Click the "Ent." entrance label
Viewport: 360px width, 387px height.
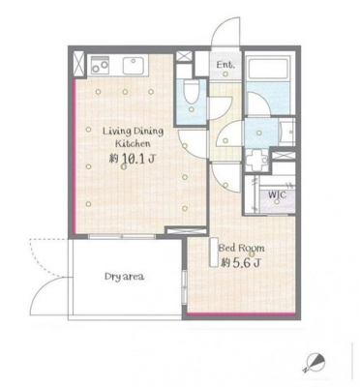(225, 65)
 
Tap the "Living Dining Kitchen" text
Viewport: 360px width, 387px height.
(134, 137)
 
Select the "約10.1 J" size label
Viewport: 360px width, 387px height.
(133, 159)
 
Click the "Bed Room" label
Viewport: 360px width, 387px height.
(242, 248)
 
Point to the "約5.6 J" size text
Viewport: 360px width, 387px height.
(241, 263)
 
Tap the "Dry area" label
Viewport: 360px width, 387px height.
(125, 277)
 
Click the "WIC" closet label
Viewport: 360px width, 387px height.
(278, 194)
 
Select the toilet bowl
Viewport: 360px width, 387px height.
(191, 90)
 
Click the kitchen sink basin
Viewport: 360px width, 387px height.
(135, 66)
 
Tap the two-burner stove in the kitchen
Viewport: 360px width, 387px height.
(101, 66)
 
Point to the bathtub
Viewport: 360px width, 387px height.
(269, 68)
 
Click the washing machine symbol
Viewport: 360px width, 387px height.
(256, 160)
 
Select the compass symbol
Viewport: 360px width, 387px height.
(314, 362)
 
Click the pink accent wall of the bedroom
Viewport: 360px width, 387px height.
(241, 313)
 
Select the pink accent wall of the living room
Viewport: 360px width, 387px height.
(75, 156)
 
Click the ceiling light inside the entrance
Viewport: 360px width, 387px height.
(225, 74)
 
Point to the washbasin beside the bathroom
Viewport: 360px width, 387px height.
(287, 132)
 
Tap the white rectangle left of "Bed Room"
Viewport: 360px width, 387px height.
(214, 253)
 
